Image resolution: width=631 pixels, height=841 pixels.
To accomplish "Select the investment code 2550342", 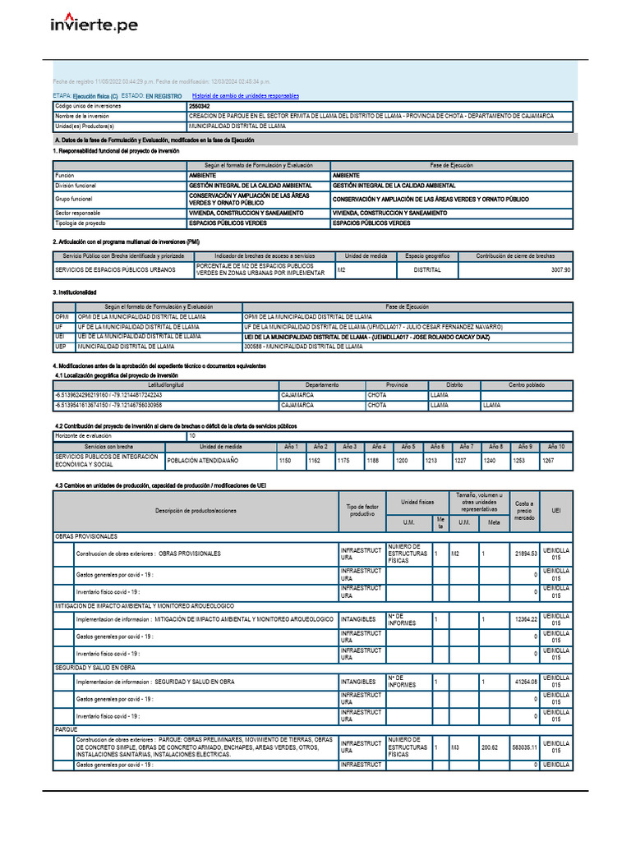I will tap(199, 107).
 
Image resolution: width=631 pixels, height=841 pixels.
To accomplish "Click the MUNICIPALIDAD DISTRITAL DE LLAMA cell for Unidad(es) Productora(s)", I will tap(237, 126).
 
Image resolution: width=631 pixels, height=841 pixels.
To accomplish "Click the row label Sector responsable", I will tap(78, 213).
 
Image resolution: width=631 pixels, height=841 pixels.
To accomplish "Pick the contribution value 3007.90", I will tap(560, 269).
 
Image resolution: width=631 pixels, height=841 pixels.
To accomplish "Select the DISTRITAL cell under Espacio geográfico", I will tap(426, 269).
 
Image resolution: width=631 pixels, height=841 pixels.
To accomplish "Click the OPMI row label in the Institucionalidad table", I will tap(62, 316).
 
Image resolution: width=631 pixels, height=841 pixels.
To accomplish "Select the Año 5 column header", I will tap(408, 446).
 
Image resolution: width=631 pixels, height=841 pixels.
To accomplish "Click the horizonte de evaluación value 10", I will tap(192, 435).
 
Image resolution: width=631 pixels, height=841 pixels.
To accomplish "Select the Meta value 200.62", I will tap(491, 747).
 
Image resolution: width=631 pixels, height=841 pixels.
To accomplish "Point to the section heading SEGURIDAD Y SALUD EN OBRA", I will tap(94, 668).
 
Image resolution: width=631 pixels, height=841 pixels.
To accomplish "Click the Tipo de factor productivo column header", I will tap(362, 508).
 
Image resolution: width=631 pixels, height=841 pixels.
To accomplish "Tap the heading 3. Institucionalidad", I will tap(75, 292).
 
